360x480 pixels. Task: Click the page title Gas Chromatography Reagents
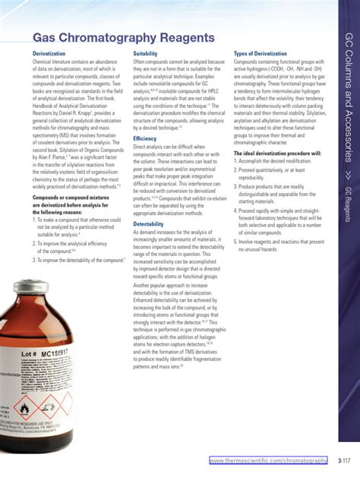[123, 38]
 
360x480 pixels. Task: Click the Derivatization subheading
[49, 55]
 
